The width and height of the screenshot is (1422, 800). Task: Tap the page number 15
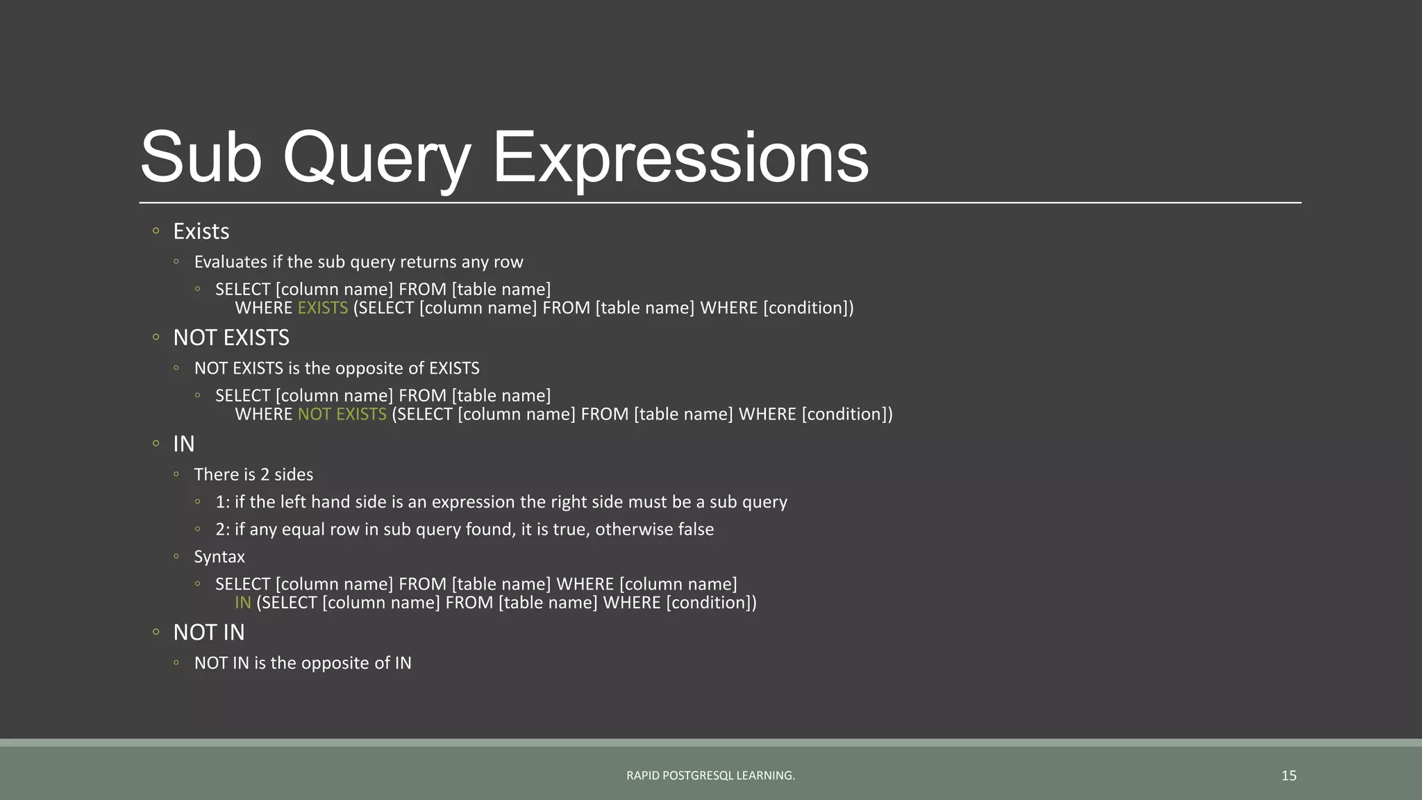[x=1289, y=776]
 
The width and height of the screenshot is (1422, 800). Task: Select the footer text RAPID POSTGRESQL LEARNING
[x=710, y=776]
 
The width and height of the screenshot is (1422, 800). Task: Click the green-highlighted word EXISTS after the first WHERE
[x=323, y=308]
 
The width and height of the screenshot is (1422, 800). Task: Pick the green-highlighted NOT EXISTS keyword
[x=342, y=414]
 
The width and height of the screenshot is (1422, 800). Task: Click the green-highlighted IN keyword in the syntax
[x=243, y=603]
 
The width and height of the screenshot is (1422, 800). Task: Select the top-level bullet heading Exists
[x=201, y=231]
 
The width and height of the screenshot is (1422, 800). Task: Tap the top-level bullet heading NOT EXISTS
[x=231, y=337]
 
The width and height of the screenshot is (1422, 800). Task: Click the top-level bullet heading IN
[x=184, y=444]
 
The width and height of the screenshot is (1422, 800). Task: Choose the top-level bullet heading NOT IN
[x=209, y=633]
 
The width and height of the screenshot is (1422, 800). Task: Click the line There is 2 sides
[x=253, y=474]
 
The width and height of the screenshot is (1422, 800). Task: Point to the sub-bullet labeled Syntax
[x=219, y=557]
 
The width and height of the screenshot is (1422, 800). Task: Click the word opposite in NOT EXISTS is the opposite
[x=371, y=368]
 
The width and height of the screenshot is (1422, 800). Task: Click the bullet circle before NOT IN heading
[x=156, y=632]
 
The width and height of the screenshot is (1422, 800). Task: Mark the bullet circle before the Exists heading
[x=156, y=231]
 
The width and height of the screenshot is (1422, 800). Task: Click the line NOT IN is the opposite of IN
[x=303, y=663]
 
